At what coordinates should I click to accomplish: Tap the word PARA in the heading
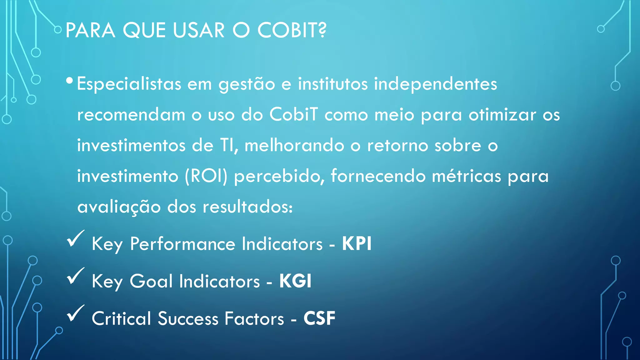90,30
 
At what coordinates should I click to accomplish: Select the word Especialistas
129,84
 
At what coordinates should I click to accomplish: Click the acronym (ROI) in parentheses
206,176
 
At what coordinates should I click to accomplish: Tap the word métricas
466,176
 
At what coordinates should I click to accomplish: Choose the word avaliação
119,207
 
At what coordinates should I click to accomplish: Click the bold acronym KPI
357,243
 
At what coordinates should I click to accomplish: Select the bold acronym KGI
295,281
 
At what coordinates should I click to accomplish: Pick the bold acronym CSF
319,318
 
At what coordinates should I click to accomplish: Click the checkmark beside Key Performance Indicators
75,239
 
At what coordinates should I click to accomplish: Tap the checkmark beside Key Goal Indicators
75,276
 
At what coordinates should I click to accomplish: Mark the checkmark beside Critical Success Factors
75,313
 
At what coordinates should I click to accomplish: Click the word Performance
182,244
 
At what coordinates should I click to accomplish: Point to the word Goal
151,281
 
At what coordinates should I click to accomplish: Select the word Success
188,318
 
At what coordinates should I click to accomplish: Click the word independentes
435,84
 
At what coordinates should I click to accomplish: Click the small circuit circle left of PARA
57,30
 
